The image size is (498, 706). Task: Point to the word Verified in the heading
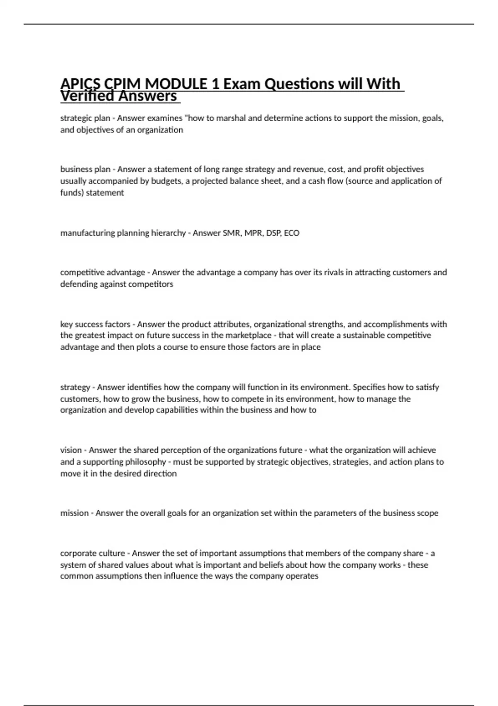87,96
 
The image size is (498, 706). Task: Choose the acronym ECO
292,233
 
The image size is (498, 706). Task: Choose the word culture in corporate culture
111,553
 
